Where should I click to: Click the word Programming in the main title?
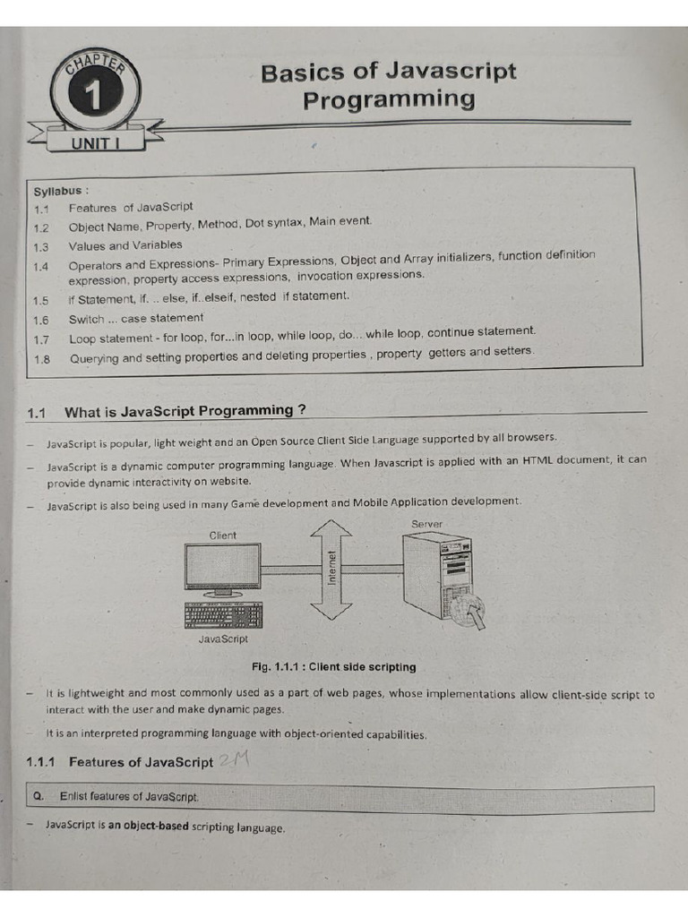click(388, 99)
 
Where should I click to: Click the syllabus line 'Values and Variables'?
click(125, 245)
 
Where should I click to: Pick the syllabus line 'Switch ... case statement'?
click(135, 319)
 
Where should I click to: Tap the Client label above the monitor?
click(222, 536)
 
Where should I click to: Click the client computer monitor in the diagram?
click(222, 567)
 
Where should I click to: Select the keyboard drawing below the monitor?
click(222, 616)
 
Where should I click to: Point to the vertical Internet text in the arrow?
click(331, 568)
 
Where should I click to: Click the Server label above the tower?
click(426, 524)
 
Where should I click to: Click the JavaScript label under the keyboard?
click(222, 639)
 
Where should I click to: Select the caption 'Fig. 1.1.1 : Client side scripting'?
click(335, 667)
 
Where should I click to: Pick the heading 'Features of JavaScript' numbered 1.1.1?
click(141, 763)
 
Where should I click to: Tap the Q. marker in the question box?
click(38, 796)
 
